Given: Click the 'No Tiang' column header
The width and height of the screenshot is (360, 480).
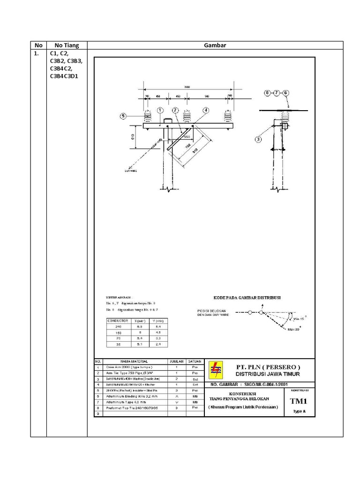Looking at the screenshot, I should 67,45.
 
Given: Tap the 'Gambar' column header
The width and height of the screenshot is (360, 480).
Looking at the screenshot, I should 215,45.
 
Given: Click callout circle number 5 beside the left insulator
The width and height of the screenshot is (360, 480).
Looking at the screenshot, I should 123,116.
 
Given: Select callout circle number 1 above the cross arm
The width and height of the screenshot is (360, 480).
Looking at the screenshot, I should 160,110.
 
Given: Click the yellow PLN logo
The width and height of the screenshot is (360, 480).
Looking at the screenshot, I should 216,369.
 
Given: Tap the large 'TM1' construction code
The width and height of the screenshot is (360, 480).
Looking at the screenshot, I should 298,401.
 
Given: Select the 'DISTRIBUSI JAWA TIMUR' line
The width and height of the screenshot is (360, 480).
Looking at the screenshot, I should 268,374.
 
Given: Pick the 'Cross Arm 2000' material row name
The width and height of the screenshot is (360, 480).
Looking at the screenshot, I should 122,368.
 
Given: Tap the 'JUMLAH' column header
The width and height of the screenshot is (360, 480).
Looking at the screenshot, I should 176,362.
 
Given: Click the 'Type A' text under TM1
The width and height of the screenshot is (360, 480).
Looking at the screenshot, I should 298,411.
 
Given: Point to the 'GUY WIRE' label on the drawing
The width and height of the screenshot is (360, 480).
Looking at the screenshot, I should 130,171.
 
